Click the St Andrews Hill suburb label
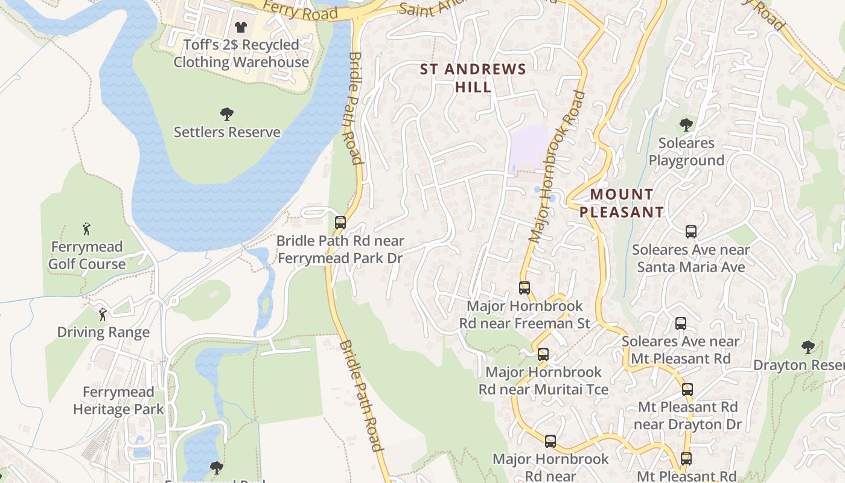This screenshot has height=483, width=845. (473, 78)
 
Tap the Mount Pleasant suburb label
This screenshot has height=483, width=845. (622, 203)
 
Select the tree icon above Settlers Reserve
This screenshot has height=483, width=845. (227, 114)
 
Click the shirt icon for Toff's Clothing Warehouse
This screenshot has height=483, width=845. (241, 27)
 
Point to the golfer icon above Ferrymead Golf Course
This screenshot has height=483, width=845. (86, 229)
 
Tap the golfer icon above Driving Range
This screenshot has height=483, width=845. (103, 315)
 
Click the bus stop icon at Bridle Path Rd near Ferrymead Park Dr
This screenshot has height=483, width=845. (340, 223)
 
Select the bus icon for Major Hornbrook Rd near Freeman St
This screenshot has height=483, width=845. (525, 288)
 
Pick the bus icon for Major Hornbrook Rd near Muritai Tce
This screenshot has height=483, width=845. (543, 354)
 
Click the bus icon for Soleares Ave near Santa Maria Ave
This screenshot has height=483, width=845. (691, 232)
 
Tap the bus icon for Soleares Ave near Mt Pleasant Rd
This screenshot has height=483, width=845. (681, 324)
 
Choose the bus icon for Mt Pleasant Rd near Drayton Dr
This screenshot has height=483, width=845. (687, 389)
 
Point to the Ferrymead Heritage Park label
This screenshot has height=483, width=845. (118, 400)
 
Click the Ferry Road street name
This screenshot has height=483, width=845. (300, 11)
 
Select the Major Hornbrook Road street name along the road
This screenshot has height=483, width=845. (556, 167)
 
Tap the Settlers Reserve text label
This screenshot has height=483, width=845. (227, 132)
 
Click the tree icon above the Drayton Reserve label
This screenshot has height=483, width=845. (808, 347)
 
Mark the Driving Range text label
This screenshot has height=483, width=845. (103, 333)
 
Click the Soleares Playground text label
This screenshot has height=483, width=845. (686, 152)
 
